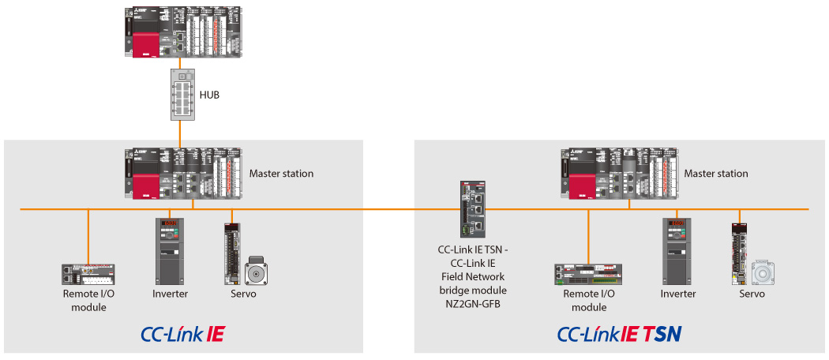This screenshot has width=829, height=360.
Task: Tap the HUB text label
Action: [x=209, y=95]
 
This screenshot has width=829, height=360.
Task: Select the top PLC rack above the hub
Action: [x=182, y=32]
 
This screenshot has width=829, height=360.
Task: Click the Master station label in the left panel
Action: [x=281, y=174]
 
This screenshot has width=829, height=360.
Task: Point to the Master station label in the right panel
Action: [x=716, y=174]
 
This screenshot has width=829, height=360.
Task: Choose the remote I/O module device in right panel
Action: [x=588, y=273]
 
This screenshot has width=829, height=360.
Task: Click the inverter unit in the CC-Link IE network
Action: [x=170, y=252]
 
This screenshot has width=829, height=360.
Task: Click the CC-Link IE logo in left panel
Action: [x=182, y=334]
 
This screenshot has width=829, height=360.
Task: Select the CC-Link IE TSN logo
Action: [x=619, y=334]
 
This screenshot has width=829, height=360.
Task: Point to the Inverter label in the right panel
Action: [x=678, y=294]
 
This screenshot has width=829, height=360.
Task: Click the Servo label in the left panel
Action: [x=243, y=294]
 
